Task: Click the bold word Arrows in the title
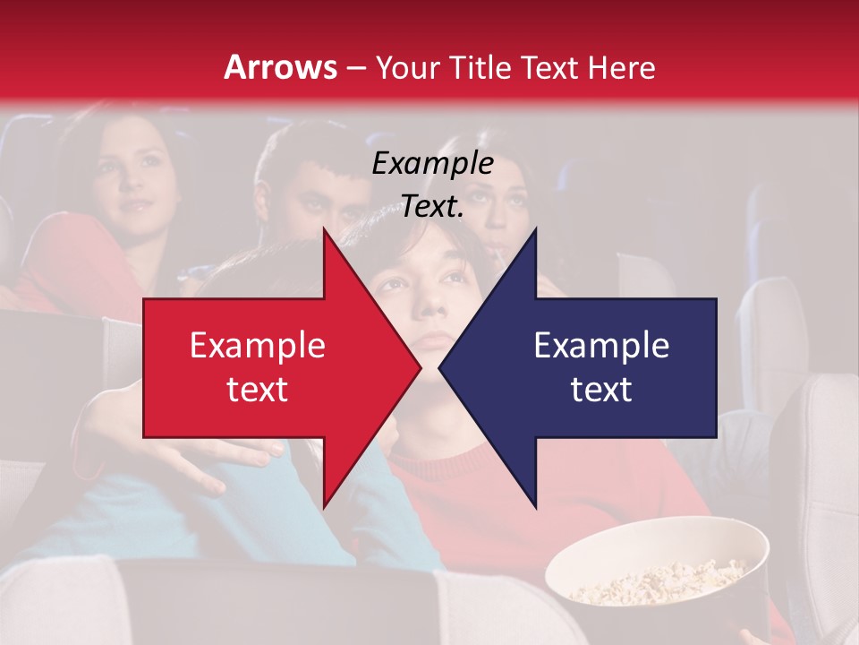coord(281,67)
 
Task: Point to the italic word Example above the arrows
coord(432,163)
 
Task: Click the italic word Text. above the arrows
coord(432,206)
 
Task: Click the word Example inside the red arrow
coord(257,345)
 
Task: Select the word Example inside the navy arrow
coord(601,345)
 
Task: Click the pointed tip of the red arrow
coord(419,367)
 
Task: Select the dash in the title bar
coord(356,69)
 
